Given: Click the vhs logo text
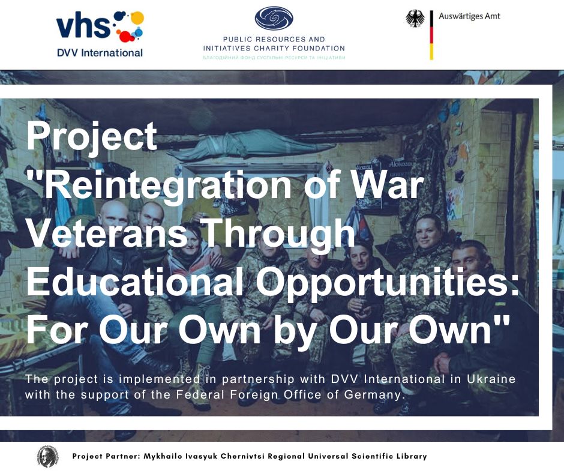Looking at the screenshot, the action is (x=83, y=26).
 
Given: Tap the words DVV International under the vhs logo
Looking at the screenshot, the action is (x=100, y=53).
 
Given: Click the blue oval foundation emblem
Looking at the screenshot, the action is (x=274, y=19).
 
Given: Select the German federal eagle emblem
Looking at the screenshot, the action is (x=415, y=19).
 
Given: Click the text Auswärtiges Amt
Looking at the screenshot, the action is (x=469, y=16).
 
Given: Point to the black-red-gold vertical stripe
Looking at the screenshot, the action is (x=431, y=35).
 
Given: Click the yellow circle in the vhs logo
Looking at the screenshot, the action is (x=137, y=18).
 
